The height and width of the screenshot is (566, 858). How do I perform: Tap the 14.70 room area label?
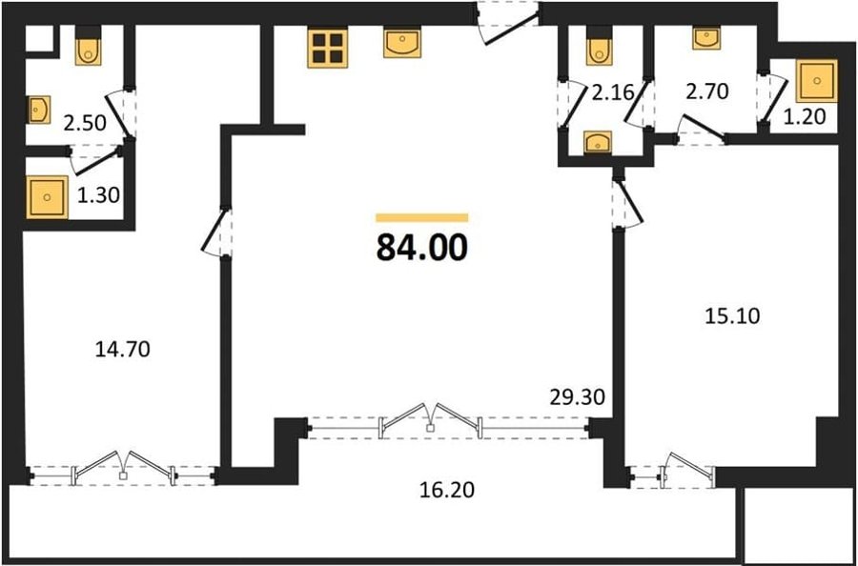tap(123, 350)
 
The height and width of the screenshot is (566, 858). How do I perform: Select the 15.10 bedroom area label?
tap(733, 316)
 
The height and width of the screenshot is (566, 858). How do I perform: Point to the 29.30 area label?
tap(579, 397)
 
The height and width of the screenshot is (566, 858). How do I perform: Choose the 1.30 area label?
tap(99, 194)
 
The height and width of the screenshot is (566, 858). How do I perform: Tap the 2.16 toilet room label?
tap(613, 92)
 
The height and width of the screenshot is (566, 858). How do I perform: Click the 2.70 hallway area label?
tap(707, 91)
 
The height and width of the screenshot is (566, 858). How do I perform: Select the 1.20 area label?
tap(804, 116)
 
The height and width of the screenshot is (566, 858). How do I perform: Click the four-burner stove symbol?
tap(328, 49)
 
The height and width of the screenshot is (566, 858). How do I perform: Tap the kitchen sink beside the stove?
tap(402, 43)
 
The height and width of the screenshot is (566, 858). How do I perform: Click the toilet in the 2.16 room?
tap(599, 46)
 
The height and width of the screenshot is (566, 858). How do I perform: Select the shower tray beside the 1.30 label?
tap(47, 197)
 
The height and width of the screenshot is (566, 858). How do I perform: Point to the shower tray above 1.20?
tap(817, 81)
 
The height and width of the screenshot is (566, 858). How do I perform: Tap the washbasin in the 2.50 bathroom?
tap(38, 110)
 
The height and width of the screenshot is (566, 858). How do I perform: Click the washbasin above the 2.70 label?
tap(706, 38)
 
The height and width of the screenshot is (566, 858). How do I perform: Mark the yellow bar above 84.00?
tap(422, 217)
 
